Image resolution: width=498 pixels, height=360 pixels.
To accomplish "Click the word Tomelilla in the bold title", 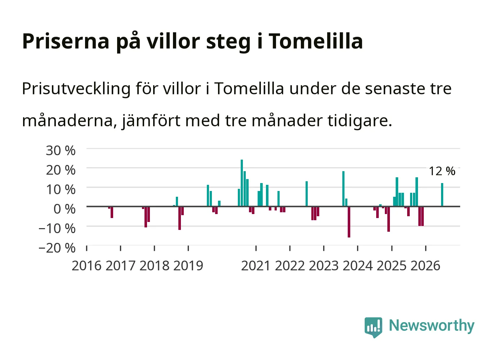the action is pos(316,41).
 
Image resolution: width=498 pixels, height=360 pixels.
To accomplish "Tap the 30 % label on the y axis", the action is pos(61,151).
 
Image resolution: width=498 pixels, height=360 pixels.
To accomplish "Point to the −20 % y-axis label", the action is pos(57,248).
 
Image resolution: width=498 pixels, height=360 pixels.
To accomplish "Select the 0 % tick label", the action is pos(65,209).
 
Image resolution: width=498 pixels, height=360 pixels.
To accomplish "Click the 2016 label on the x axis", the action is pos(86,266).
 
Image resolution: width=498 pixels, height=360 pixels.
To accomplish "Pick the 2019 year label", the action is pos(188,266).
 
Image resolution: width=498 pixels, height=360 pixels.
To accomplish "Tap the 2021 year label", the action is pos(256,266).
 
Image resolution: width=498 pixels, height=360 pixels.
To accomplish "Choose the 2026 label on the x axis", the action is pos(425,266).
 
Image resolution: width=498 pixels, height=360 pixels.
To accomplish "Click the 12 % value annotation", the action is pos(442,171).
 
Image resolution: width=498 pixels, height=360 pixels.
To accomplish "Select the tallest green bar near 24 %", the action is pos(242,183).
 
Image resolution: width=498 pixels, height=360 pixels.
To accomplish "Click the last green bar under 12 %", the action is pos(442,195).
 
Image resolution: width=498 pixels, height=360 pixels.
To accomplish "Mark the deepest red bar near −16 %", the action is pos(349,222).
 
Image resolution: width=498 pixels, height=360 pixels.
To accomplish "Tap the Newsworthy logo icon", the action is pos(373,327).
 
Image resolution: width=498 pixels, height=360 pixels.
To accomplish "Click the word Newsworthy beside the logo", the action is pos(432,326).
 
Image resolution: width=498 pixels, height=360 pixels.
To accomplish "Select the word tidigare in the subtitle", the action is pos(360,121).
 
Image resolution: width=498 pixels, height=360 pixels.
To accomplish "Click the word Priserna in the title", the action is pos(66,41).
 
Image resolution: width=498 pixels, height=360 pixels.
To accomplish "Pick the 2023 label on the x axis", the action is pos(324,266).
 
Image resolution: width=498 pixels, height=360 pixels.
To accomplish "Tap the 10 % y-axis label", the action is pos(61,190).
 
